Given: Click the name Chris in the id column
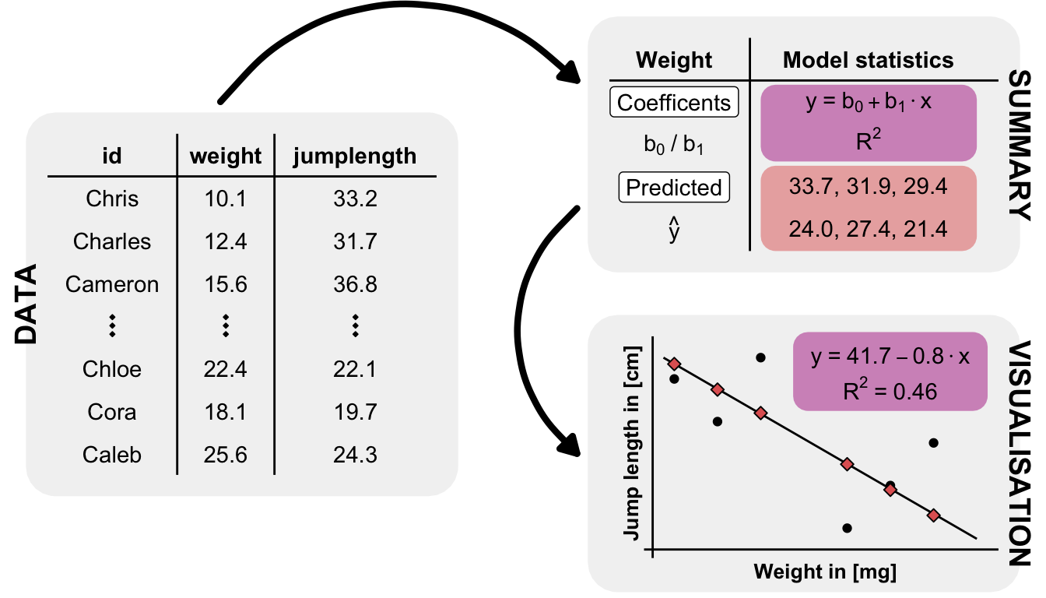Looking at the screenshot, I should [x=112, y=199].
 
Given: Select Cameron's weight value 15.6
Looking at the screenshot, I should [x=226, y=285].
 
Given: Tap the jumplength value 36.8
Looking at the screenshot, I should [x=355, y=285].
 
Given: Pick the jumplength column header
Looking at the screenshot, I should [x=355, y=157].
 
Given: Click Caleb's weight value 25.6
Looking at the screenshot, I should [x=226, y=455].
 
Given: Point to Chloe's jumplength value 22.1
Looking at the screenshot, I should [x=355, y=369].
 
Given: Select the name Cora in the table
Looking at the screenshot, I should [x=112, y=412].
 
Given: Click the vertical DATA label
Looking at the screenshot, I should [x=27, y=304].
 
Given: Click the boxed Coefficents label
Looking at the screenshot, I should [x=674, y=103].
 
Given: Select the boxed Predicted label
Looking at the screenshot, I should [x=674, y=188].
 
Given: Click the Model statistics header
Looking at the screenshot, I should [x=868, y=60].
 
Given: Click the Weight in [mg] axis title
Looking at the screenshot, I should [x=825, y=572].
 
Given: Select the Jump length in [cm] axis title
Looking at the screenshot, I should [x=632, y=441].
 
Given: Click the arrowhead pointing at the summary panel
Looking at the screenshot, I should [x=574, y=74].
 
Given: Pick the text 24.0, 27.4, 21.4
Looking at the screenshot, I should [x=868, y=230].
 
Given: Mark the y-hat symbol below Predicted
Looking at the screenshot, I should [x=674, y=231].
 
